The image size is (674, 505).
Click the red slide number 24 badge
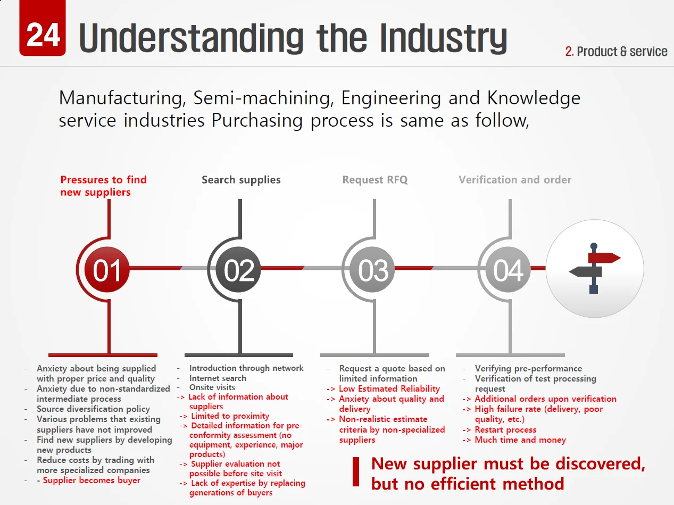click(43, 33)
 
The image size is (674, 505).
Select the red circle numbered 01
click(107, 270)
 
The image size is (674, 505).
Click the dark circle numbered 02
click(239, 270)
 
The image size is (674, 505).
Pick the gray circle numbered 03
click(373, 270)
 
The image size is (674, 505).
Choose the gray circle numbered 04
click(508, 270)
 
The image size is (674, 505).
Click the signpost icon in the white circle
click(594, 268)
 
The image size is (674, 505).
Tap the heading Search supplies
click(241, 180)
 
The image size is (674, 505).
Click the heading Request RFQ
click(375, 180)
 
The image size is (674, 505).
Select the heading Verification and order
click(515, 180)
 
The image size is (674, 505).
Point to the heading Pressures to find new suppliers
click(103, 186)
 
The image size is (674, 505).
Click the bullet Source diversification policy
click(93, 409)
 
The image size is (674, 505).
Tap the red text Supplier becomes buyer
click(91, 481)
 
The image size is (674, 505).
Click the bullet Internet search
click(218, 378)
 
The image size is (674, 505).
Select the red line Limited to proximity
click(230, 416)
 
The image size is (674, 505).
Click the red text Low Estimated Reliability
click(389, 389)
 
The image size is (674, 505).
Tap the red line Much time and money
click(520, 440)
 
